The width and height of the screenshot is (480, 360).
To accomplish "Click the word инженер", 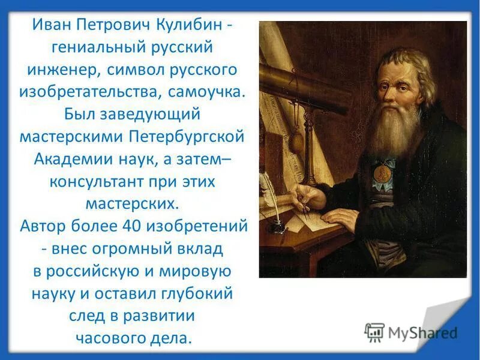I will (64, 69).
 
